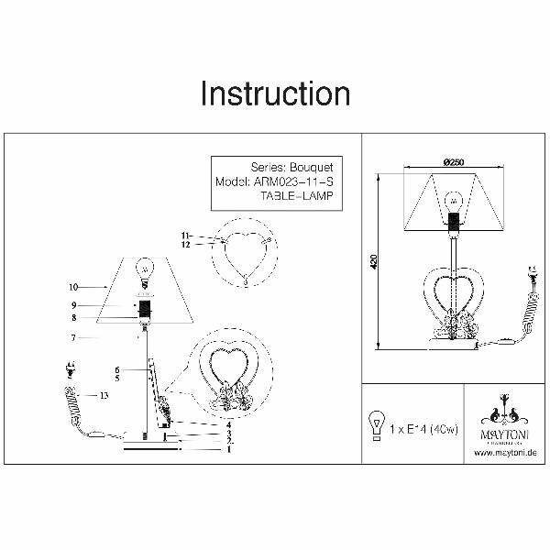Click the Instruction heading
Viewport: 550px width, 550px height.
[x=275, y=93]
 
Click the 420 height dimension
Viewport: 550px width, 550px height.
[x=374, y=261]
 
